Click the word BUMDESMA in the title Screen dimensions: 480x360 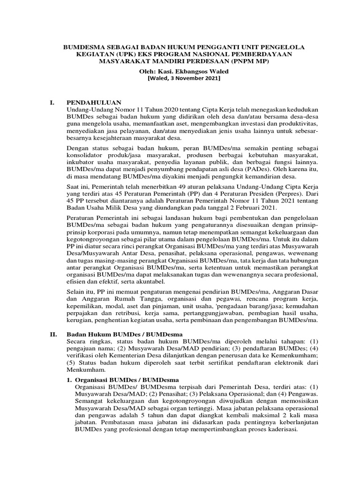pyautogui.click(x=81, y=47)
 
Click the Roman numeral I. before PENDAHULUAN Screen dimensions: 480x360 pyautogui.click(x=53, y=102)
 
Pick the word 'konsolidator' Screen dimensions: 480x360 pyautogui.click(x=85, y=155)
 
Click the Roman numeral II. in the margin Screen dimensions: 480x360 pyautogui.click(x=54, y=335)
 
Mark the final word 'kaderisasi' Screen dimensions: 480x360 pyautogui.click(x=274, y=430)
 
